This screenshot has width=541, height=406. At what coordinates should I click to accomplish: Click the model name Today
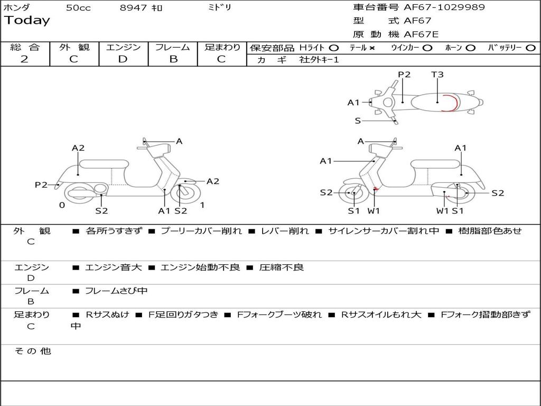click(27, 21)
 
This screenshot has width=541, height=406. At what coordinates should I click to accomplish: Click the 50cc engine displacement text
click(78, 8)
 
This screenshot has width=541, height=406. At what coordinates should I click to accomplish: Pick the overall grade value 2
click(24, 59)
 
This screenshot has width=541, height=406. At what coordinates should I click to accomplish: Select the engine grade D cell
click(123, 59)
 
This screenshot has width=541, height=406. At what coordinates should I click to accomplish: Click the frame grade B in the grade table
click(173, 59)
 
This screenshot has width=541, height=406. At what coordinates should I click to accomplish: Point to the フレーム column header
click(173, 47)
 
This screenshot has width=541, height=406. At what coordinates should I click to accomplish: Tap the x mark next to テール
click(372, 48)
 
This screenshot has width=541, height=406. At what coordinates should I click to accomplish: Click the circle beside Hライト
click(334, 48)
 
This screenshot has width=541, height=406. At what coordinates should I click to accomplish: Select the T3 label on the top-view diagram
click(437, 75)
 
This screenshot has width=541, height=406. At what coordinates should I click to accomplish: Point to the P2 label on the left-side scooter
click(41, 184)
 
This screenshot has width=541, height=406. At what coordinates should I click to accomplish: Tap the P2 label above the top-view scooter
click(404, 75)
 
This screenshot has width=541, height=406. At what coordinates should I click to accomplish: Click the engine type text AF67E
click(421, 34)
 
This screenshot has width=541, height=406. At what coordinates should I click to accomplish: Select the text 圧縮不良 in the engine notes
click(282, 267)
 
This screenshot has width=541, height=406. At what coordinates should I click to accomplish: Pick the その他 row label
click(33, 351)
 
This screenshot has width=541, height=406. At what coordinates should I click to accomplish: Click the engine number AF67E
click(421, 34)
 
